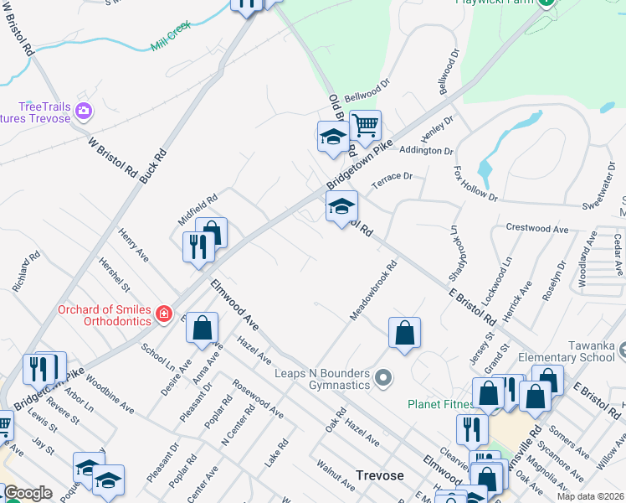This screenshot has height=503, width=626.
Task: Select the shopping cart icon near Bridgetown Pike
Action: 365,126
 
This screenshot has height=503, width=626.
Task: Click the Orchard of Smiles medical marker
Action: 164,314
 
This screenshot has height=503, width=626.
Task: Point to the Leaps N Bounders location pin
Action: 383,379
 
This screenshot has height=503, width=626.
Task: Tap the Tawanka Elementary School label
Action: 572,351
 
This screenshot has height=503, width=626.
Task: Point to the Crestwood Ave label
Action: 536,228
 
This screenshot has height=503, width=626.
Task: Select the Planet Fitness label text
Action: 440,404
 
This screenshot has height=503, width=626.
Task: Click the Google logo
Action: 28,493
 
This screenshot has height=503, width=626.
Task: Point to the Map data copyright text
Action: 589,496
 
